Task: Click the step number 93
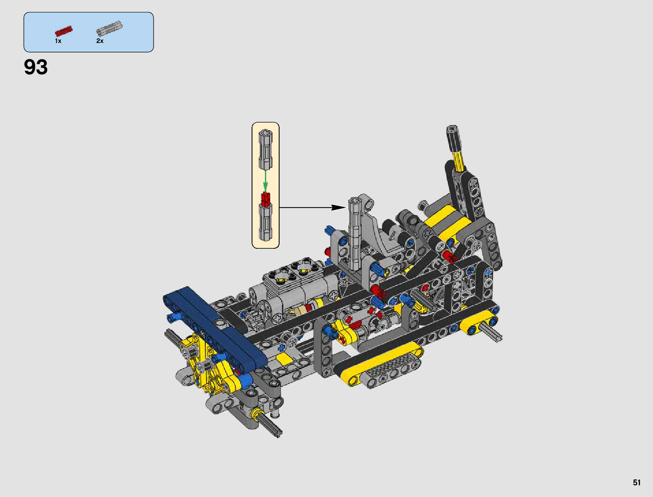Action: tap(36, 67)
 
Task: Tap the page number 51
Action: tap(636, 482)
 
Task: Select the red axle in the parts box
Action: tap(64, 31)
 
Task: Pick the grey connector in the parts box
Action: tap(109, 28)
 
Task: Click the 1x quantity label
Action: tap(58, 41)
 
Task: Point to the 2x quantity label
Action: tap(100, 41)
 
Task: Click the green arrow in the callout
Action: tap(265, 180)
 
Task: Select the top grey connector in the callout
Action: tap(265, 149)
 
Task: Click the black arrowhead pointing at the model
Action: tap(339, 207)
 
